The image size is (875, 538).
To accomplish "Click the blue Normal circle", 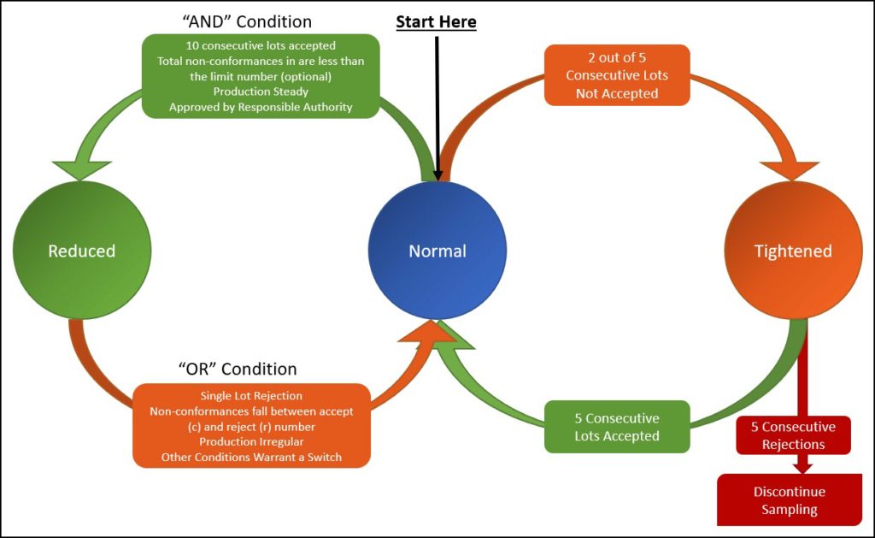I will [x=437, y=251].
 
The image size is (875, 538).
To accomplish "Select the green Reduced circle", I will [x=81, y=251].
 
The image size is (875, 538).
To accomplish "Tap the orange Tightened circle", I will [x=793, y=251].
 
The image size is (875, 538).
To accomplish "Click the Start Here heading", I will [x=436, y=21].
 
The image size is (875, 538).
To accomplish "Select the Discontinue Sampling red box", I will [x=785, y=501].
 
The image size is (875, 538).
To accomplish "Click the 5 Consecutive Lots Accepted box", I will [x=617, y=428].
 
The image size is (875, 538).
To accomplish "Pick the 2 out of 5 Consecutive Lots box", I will [x=617, y=75].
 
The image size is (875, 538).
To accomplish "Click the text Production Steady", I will [x=261, y=92].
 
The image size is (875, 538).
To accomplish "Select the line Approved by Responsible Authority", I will [x=261, y=107].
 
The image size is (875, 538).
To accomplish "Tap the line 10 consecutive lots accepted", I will [x=261, y=45].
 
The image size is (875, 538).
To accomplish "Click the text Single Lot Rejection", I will [x=251, y=396].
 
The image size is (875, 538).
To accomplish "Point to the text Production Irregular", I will [x=251, y=442].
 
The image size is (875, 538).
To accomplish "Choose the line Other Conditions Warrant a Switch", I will [x=251, y=458].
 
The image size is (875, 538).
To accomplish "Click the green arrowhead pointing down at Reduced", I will [x=82, y=168].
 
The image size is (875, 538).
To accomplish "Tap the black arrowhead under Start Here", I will [x=437, y=174].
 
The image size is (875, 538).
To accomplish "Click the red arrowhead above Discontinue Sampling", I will [x=802, y=466].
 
